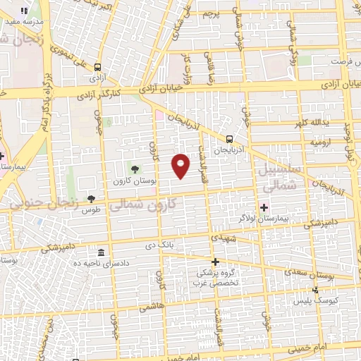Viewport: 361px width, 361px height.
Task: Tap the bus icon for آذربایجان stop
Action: [x=230, y=139]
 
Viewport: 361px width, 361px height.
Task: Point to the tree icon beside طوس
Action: [x=91, y=199]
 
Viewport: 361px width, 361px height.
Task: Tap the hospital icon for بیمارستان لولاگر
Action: [x=264, y=207]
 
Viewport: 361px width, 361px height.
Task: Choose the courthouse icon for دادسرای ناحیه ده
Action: [x=102, y=253]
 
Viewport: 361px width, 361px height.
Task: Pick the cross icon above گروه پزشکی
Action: [x=215, y=262]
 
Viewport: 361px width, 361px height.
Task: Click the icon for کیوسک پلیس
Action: [x=315, y=289]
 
